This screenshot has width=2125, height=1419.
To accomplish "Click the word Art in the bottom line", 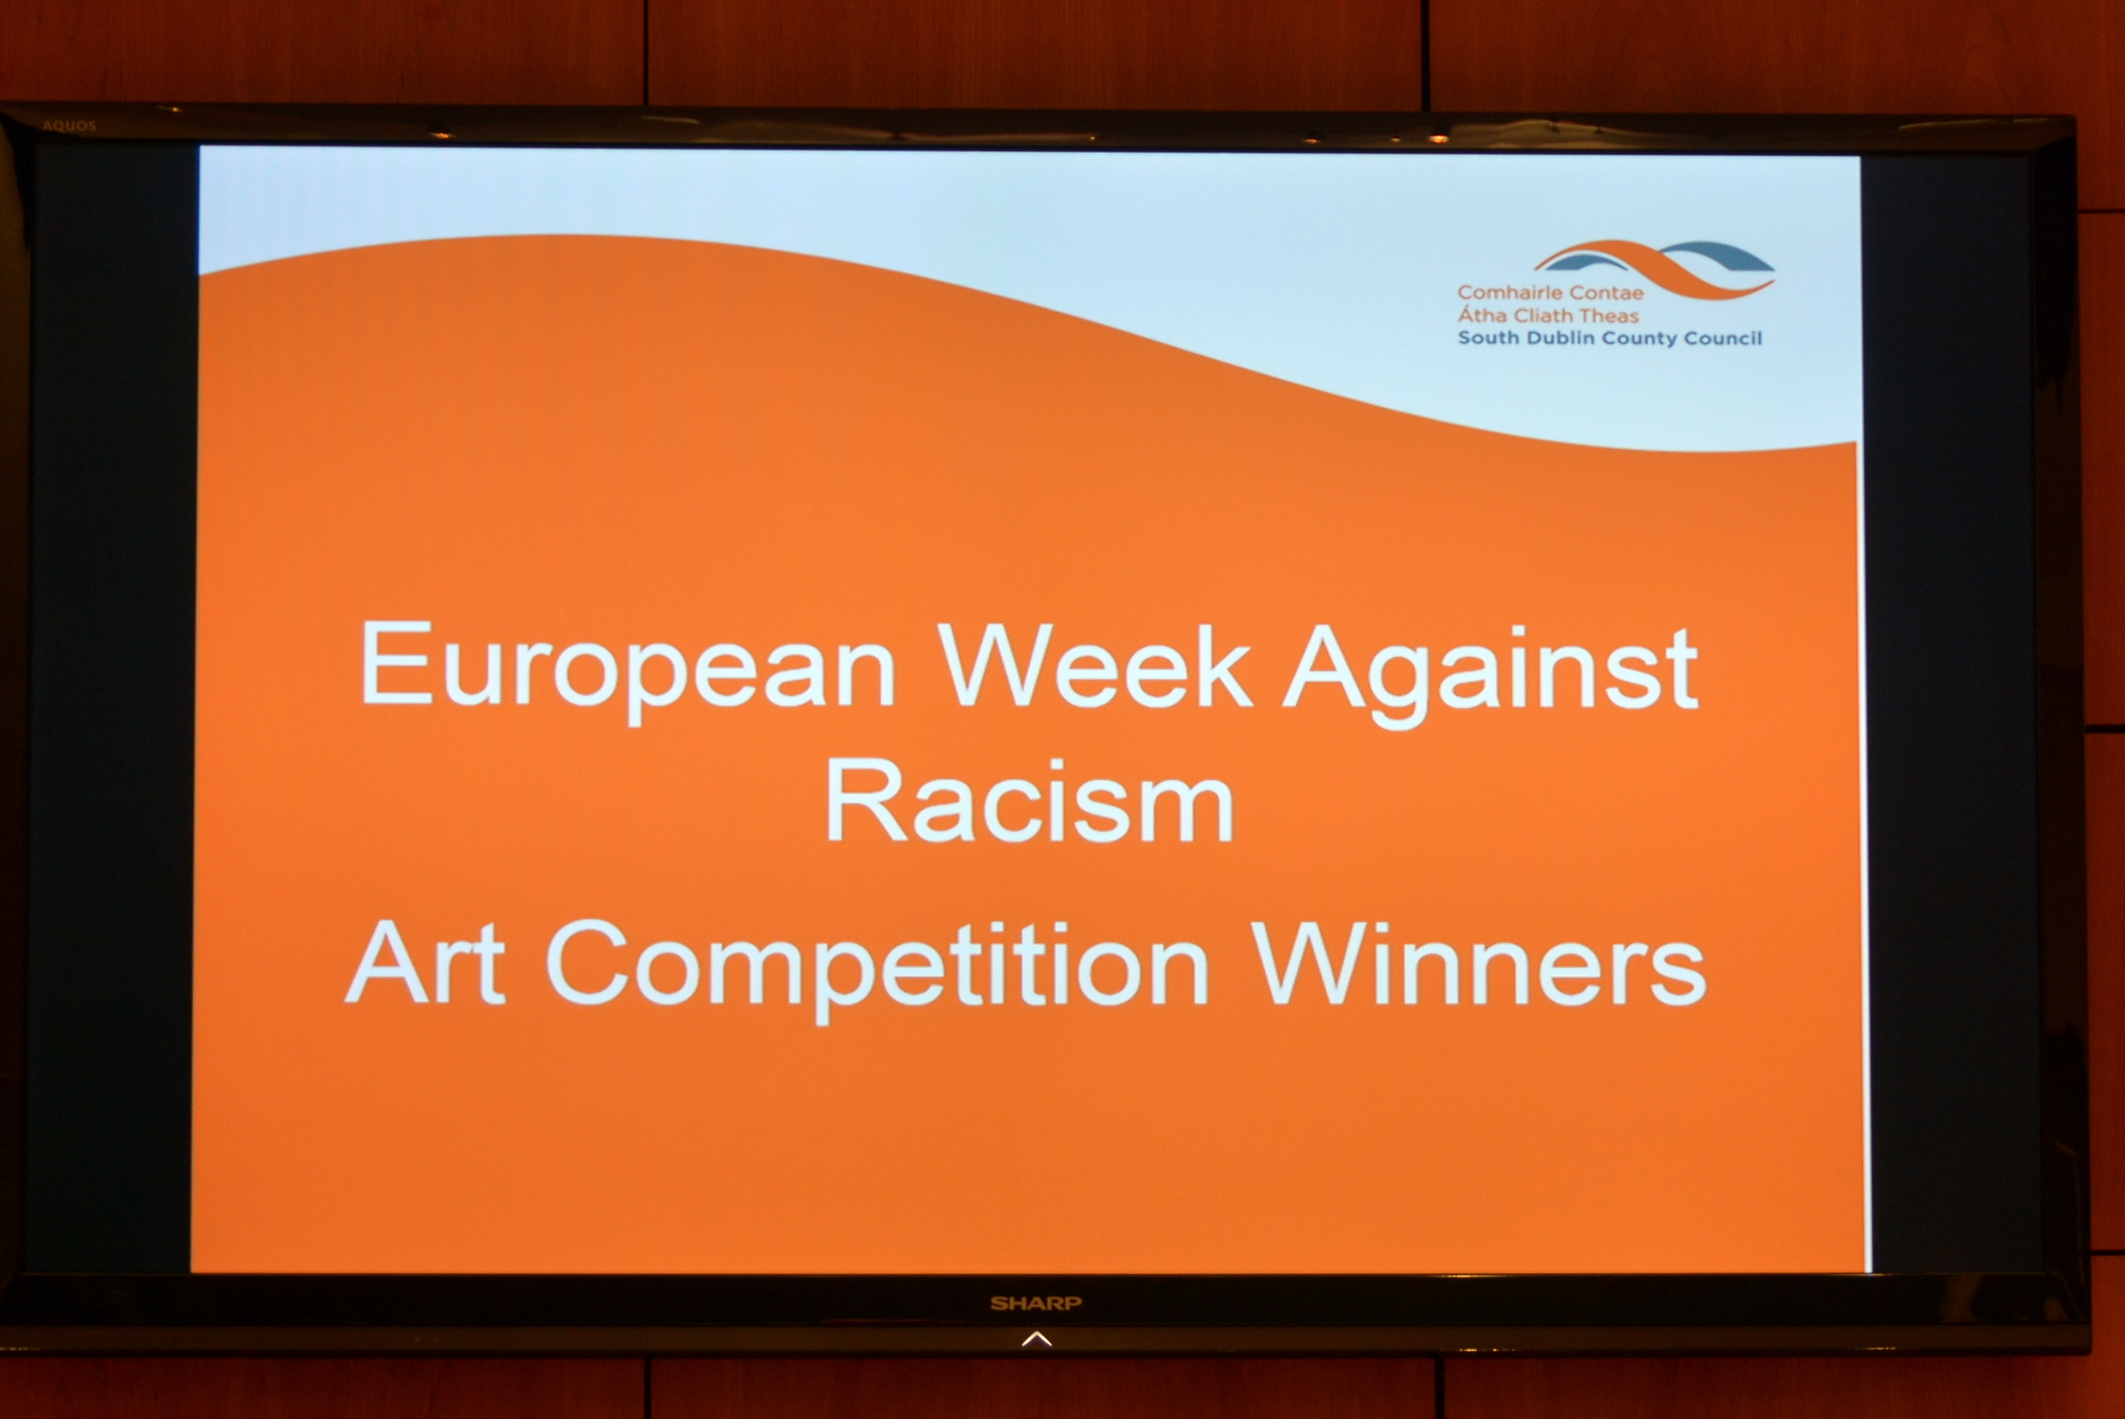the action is (x=426, y=961).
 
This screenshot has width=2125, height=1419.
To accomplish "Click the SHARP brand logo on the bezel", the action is (x=1035, y=1303).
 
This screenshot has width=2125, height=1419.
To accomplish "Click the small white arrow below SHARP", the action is (x=1036, y=1339).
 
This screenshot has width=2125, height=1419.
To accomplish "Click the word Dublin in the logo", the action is (x=1559, y=339).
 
